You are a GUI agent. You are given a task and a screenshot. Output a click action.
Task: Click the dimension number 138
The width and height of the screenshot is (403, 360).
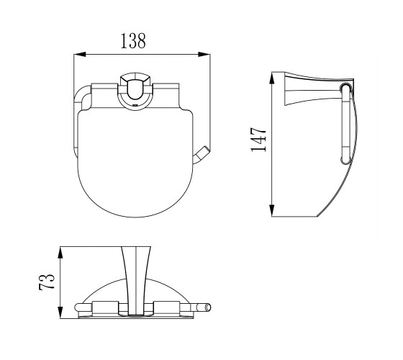133,41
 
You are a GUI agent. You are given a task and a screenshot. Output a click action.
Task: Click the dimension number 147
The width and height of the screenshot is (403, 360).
258,140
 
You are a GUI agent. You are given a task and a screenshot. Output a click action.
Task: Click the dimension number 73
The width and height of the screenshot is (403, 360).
47,282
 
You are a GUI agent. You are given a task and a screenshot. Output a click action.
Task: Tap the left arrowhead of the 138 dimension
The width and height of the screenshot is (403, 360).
80,54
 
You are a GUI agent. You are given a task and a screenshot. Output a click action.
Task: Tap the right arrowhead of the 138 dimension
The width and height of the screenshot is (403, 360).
204,54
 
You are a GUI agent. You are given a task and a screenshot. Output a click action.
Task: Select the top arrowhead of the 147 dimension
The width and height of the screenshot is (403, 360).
272,78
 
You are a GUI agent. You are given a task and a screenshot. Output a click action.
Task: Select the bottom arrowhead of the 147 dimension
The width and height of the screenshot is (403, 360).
272,210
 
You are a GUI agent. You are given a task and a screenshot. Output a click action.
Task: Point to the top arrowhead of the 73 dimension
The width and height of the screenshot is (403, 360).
60,253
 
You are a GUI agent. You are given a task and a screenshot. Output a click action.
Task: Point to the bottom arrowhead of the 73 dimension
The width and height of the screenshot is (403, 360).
60,312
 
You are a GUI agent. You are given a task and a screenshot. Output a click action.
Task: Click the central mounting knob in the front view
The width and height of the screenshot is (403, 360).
135,91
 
